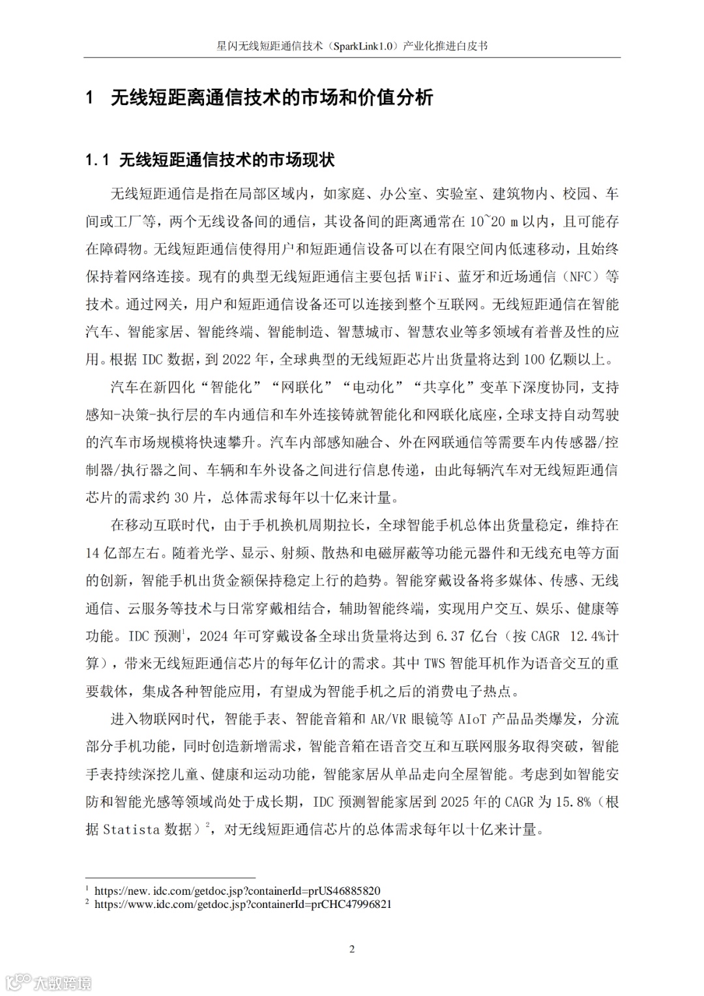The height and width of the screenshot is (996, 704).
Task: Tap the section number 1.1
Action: click(x=98, y=160)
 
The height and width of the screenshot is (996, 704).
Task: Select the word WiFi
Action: click(x=430, y=277)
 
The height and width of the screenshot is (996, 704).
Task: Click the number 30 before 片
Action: click(x=181, y=498)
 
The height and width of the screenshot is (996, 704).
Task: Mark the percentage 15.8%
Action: click(x=573, y=802)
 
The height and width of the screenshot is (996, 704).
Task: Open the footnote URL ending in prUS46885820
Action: click(x=237, y=891)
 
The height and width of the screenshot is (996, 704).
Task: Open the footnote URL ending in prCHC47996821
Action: click(x=242, y=905)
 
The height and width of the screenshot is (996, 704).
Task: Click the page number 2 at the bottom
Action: click(x=352, y=949)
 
